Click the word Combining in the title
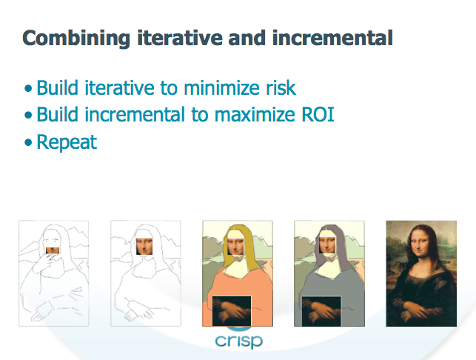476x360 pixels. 76,39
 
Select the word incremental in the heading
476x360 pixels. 332,38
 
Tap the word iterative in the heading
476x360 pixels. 180,38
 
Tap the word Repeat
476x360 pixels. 67,142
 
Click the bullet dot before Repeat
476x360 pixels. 28,142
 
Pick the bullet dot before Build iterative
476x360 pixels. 28,88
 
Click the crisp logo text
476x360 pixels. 238,341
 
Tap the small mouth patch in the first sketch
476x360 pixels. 53,250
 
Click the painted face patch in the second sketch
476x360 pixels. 144,246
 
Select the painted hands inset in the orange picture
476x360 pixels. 232,311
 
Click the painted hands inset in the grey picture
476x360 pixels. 321,311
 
